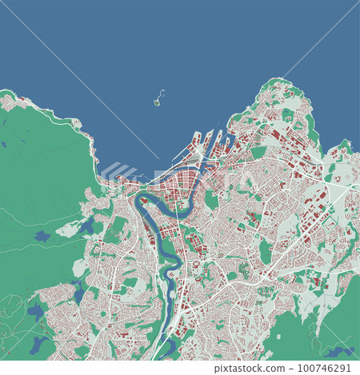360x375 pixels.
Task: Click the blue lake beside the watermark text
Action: tap(337, 351)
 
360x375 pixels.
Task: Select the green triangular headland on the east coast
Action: tap(344, 147)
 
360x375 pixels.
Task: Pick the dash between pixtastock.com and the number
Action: tap(303, 368)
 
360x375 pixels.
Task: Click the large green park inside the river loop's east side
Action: tap(211, 200)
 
